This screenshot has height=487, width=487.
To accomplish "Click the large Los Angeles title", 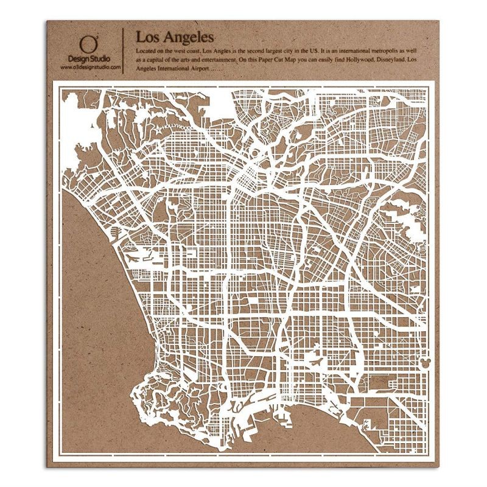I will [170, 36].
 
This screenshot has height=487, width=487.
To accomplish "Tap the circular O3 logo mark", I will [89, 43].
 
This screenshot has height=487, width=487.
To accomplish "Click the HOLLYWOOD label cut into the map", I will [177, 128].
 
